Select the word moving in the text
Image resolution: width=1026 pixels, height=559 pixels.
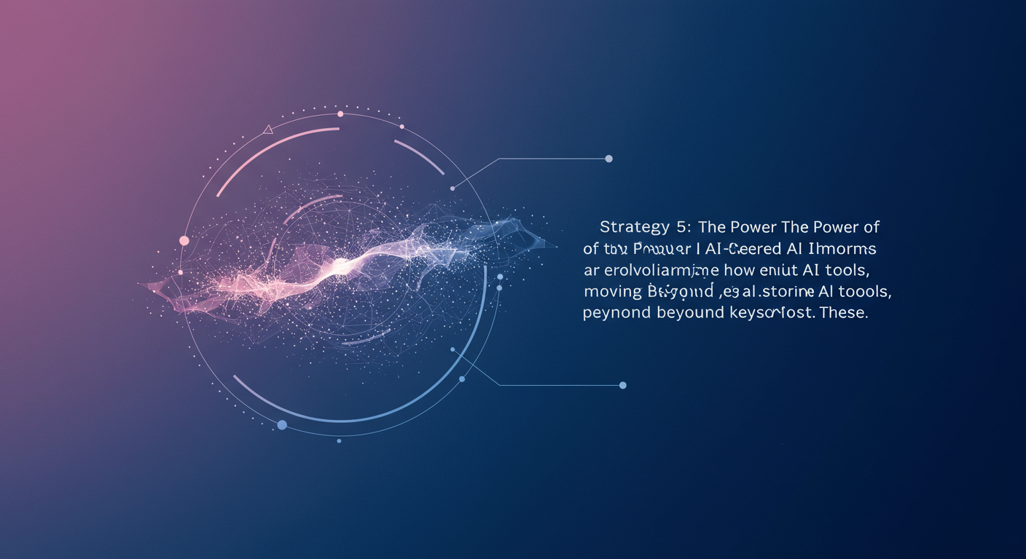coord(611,293)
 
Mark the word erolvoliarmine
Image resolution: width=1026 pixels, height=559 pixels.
coord(653,271)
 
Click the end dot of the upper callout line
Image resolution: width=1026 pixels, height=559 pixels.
coord(609,159)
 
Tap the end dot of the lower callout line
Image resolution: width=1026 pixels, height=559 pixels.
coord(622,385)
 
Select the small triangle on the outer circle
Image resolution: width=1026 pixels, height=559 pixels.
coord(267,130)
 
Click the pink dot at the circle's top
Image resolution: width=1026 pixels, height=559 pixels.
coord(340,114)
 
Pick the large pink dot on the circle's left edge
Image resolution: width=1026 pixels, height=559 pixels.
coord(184,240)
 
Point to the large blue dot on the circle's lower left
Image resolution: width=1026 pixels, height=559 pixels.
coord(282,424)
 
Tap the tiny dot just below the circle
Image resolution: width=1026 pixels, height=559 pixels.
coord(339,440)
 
